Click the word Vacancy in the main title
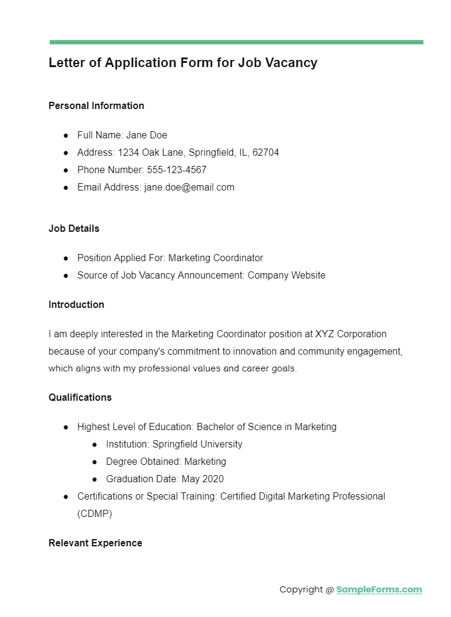click(x=292, y=62)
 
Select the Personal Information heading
click(x=96, y=105)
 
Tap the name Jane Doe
click(x=147, y=135)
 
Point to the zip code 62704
click(x=265, y=153)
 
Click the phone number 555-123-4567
click(x=177, y=170)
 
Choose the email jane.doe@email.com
click(x=189, y=187)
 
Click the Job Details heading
click(x=74, y=228)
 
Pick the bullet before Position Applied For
click(x=66, y=258)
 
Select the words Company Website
click(x=286, y=276)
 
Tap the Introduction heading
click(x=77, y=304)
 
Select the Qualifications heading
click(x=80, y=397)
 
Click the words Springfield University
click(x=198, y=444)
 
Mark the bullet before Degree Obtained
click(x=95, y=462)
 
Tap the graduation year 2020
click(x=213, y=479)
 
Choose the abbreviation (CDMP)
click(x=95, y=513)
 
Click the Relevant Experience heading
click(x=95, y=543)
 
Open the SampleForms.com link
click(x=379, y=589)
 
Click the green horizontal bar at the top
click(x=236, y=42)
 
